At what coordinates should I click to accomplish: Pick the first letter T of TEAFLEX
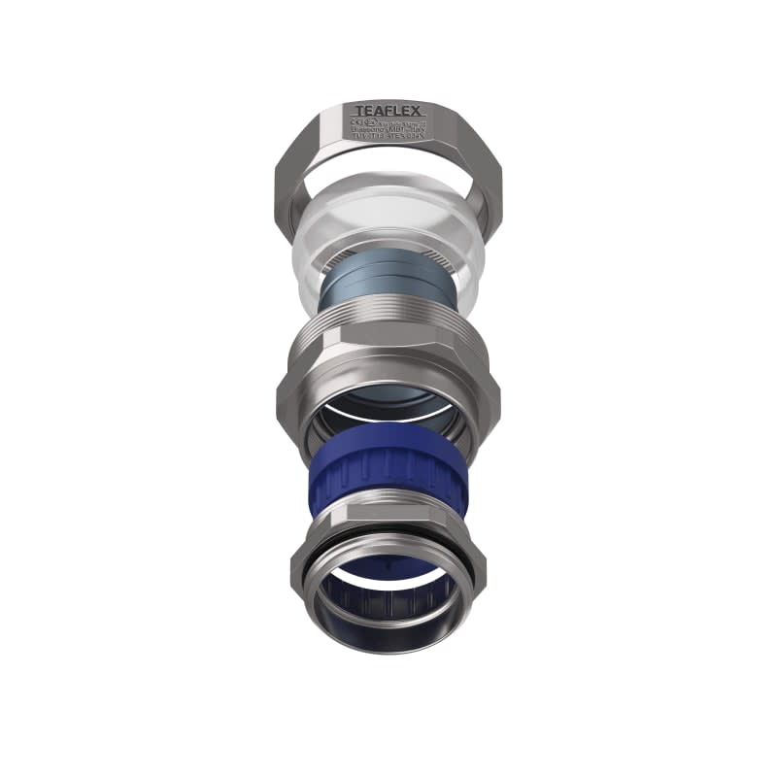click(359, 111)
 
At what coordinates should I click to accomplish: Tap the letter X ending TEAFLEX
click(415, 111)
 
